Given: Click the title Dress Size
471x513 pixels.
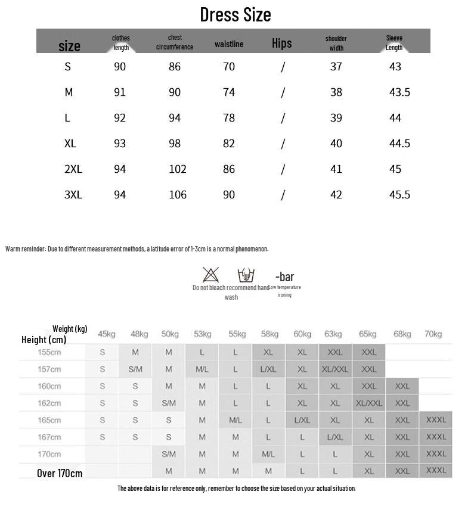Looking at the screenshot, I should coord(235,14).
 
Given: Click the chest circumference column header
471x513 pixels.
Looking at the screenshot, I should coord(175,42).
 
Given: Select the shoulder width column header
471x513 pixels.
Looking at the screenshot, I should coord(336,43).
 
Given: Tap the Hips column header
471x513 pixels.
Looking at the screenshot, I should coord(282,43).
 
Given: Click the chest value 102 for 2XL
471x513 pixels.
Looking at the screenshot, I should coord(178,169).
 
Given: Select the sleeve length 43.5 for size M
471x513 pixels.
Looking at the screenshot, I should coord(399,92).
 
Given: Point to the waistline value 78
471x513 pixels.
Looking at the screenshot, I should coord(229,118).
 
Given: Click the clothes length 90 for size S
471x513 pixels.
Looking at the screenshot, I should coord(120,67).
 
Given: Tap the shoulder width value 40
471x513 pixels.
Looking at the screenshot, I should coord(336,144).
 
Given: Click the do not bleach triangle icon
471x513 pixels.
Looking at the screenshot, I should coord(210,275).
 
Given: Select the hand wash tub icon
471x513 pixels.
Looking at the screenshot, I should coord(246,275).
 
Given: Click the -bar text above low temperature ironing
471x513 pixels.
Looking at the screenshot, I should coord(284,276).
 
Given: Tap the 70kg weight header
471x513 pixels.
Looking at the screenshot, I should coord(433,334).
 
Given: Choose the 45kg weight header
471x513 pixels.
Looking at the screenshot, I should coord(107,334).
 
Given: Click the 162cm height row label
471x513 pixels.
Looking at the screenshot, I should coord(49,403).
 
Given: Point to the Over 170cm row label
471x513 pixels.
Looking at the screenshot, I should coord(60,474).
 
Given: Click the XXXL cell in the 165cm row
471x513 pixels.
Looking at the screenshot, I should coord(436,420).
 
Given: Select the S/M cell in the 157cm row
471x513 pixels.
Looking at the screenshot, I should coord(135,369).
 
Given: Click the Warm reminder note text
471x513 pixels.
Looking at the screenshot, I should coord(137,249).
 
